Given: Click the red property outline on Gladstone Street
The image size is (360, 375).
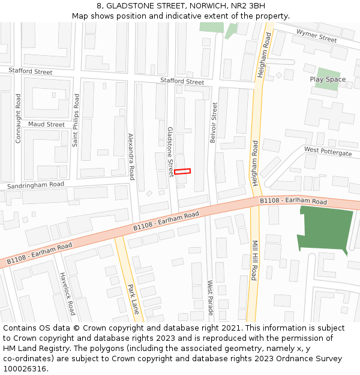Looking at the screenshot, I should [x=182, y=172].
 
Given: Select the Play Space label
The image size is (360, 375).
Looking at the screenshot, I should [x=328, y=79].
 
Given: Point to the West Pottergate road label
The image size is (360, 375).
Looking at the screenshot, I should [x=328, y=151].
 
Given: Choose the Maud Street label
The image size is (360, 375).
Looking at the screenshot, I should [x=46, y=125].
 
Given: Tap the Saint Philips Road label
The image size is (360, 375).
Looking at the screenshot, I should [x=76, y=120].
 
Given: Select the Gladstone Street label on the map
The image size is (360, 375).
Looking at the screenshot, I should [x=170, y=151].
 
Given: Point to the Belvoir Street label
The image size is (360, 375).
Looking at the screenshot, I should [x=214, y=122].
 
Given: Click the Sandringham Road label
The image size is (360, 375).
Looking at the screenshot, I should [x=35, y=185].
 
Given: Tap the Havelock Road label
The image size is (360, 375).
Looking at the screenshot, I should [x=67, y=294].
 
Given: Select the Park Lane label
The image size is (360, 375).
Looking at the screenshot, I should [x=134, y=299].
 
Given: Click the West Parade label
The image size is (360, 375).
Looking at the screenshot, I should [x=210, y=298].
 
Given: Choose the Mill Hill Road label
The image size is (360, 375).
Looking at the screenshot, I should [x=254, y=261].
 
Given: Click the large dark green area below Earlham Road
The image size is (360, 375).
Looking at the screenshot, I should [x=325, y=229].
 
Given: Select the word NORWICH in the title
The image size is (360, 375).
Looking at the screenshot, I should [x=208, y=5].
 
